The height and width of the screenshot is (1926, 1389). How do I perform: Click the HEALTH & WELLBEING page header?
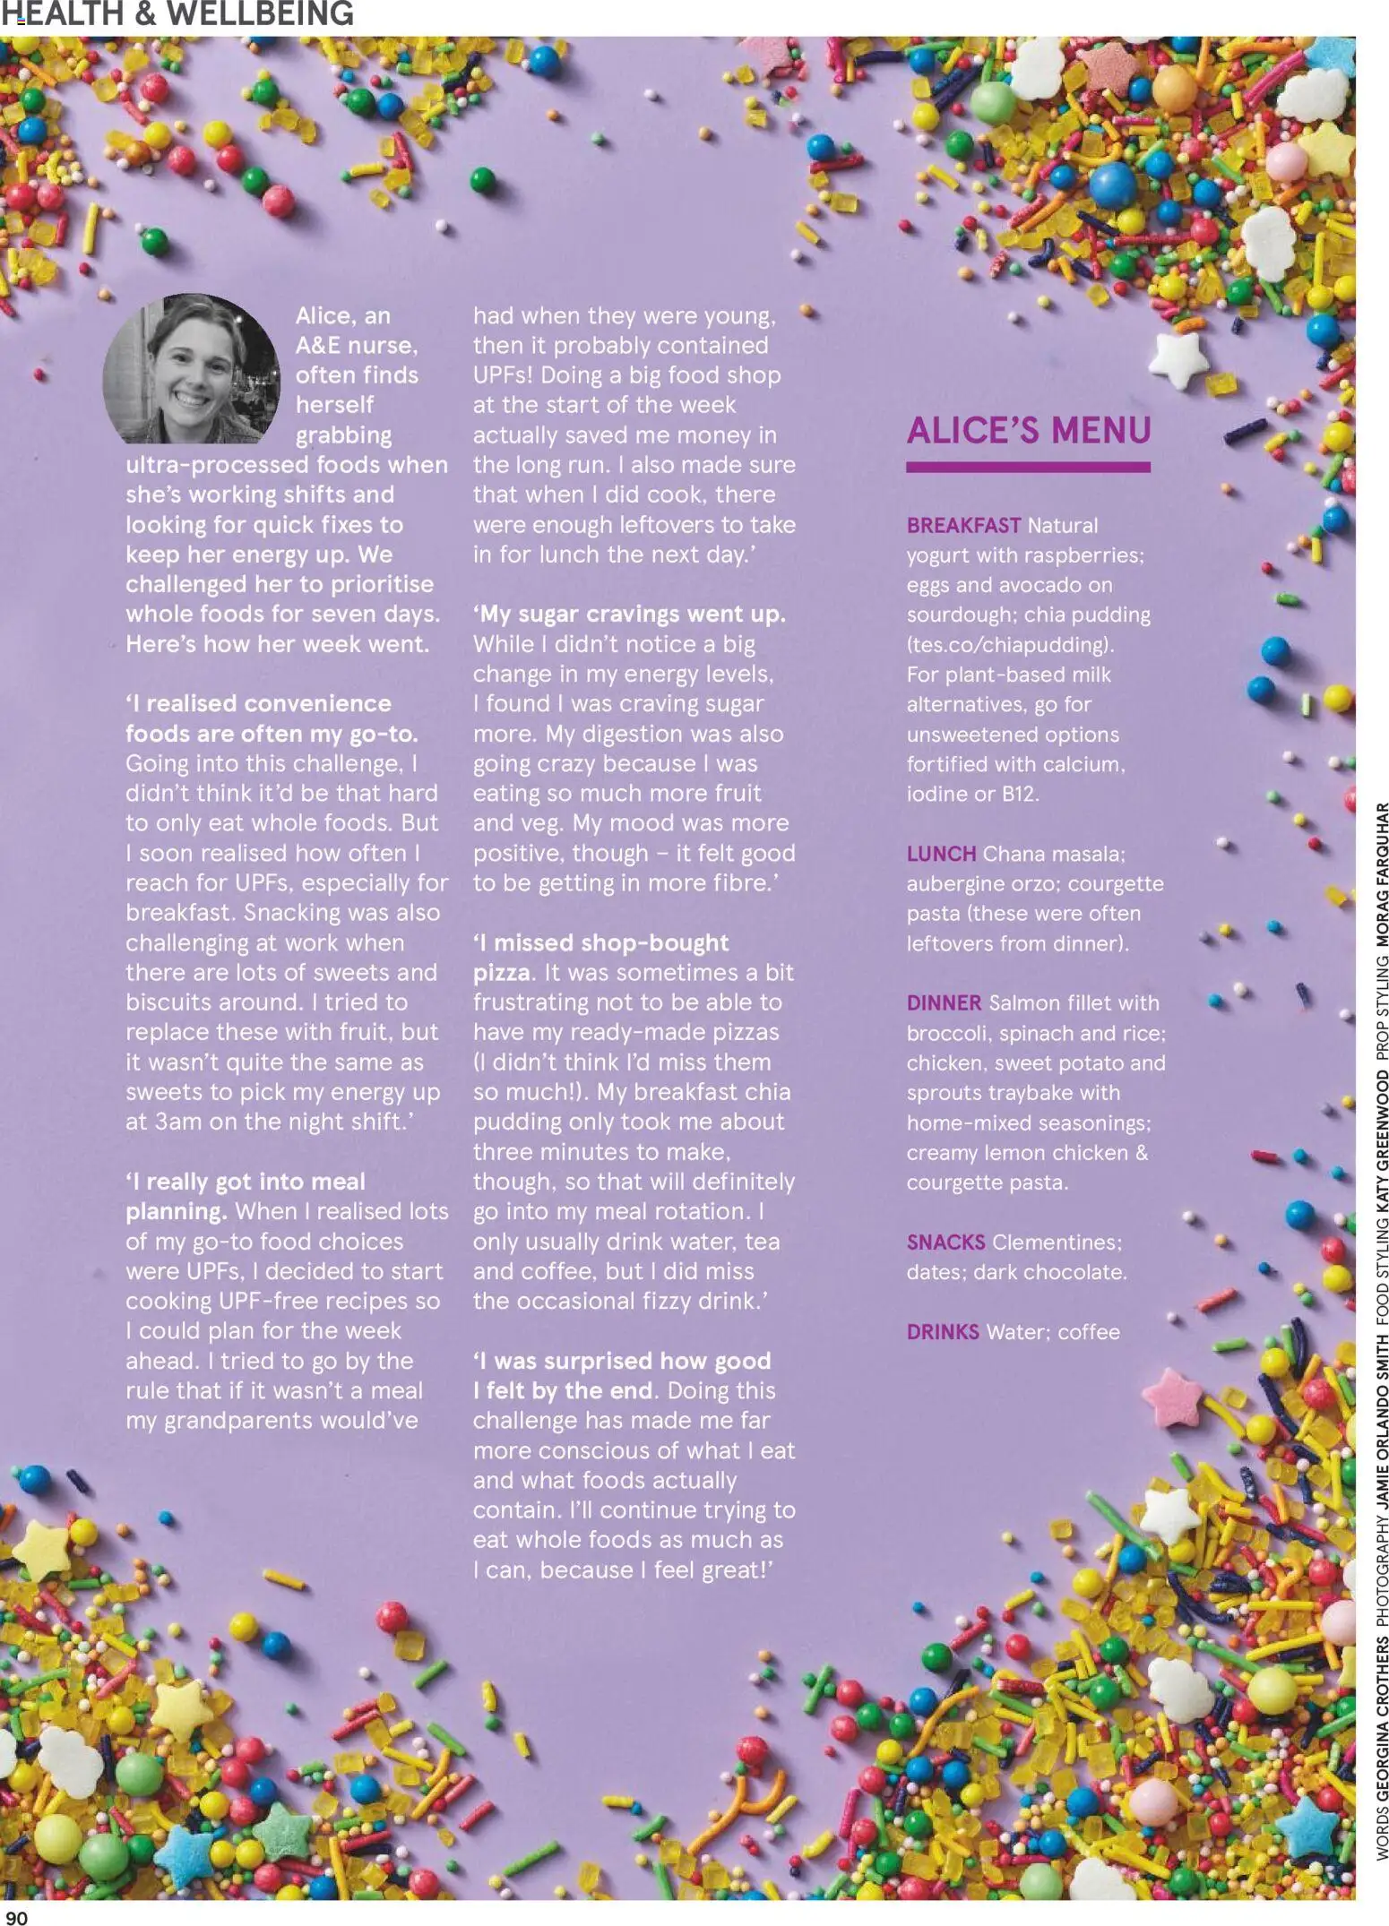click(x=177, y=14)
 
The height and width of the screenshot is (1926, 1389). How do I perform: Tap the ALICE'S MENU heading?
click(x=1028, y=431)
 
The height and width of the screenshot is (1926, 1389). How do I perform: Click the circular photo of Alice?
click(x=193, y=369)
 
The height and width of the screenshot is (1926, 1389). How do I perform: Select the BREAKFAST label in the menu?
click(x=962, y=526)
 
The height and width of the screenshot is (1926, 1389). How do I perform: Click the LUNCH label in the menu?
click(x=941, y=854)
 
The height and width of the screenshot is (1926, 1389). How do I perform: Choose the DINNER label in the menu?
click(x=944, y=1003)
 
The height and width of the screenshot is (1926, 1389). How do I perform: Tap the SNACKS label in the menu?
click(x=945, y=1242)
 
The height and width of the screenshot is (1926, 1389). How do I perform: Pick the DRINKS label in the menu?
click(x=943, y=1332)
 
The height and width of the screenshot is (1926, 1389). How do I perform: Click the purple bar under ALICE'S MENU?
click(x=1028, y=467)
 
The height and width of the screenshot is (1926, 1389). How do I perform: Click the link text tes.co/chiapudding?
click(x=1012, y=645)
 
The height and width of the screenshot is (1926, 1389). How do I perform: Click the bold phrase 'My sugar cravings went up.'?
click(x=629, y=615)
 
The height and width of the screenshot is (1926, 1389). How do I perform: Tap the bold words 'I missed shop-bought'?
click(x=600, y=943)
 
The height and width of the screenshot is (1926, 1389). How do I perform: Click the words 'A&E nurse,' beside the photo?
click(x=357, y=346)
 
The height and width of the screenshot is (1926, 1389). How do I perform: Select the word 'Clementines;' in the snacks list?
click(x=1057, y=1242)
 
